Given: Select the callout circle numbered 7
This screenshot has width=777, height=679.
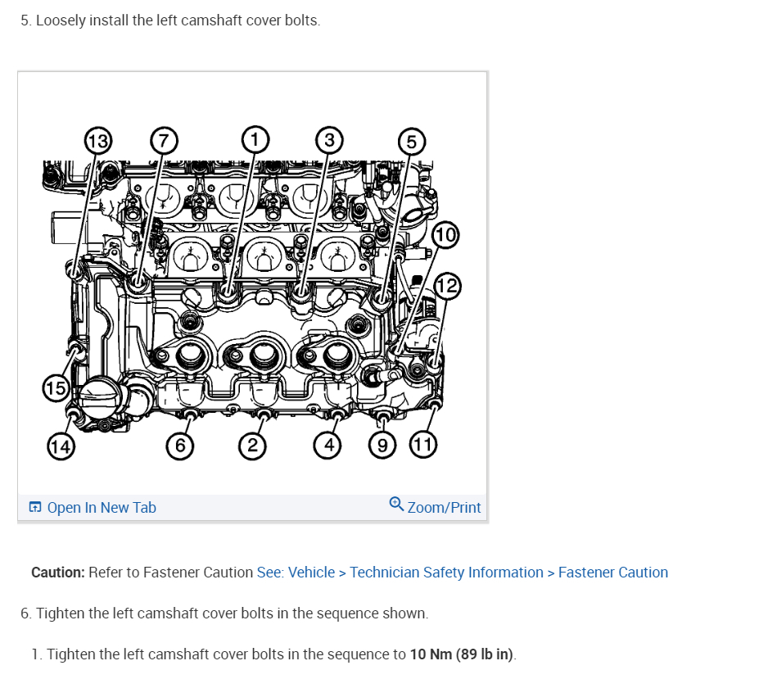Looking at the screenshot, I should [x=163, y=141].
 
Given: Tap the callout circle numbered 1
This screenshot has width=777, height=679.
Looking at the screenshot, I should [x=255, y=139].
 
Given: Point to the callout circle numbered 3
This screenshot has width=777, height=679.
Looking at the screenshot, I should [x=329, y=140].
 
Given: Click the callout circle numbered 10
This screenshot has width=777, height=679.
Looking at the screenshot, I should [x=445, y=236].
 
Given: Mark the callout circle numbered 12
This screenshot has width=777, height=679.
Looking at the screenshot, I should [x=447, y=287].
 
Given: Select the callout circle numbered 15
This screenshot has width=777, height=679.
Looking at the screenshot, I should [x=56, y=387].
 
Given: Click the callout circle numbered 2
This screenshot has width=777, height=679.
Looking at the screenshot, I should [x=253, y=446].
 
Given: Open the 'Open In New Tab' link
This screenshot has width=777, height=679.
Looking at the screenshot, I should [x=102, y=508].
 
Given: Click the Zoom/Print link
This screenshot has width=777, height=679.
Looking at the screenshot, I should [x=444, y=508].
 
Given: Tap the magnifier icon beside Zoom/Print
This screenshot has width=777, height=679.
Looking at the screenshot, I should [x=396, y=504].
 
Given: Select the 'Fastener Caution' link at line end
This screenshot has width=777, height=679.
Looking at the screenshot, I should [x=612, y=573].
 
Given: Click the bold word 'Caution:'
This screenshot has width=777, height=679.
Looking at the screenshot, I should [x=58, y=573].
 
